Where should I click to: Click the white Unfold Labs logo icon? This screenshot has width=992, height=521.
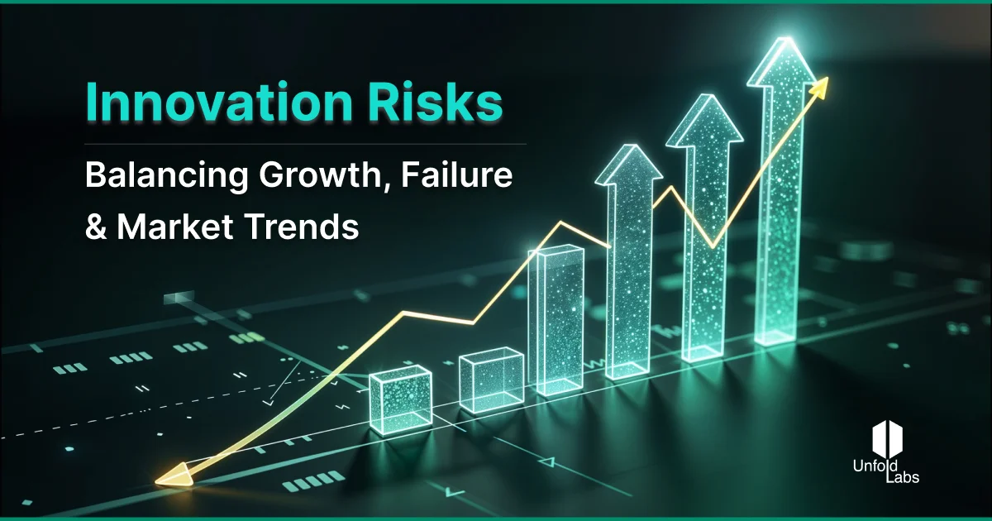(x=890, y=437)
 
